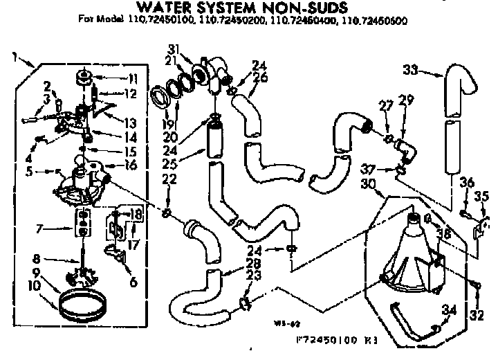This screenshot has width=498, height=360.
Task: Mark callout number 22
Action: pos(167,179)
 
